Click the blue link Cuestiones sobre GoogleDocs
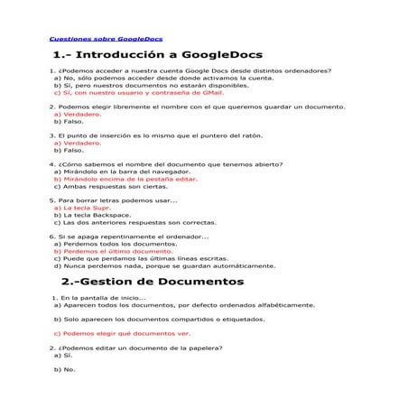point(91,41)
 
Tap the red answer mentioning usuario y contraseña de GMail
point(138,92)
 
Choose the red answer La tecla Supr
point(81,207)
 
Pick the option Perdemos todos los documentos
point(114,244)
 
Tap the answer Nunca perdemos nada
point(153,266)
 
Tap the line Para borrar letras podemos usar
point(114,199)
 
